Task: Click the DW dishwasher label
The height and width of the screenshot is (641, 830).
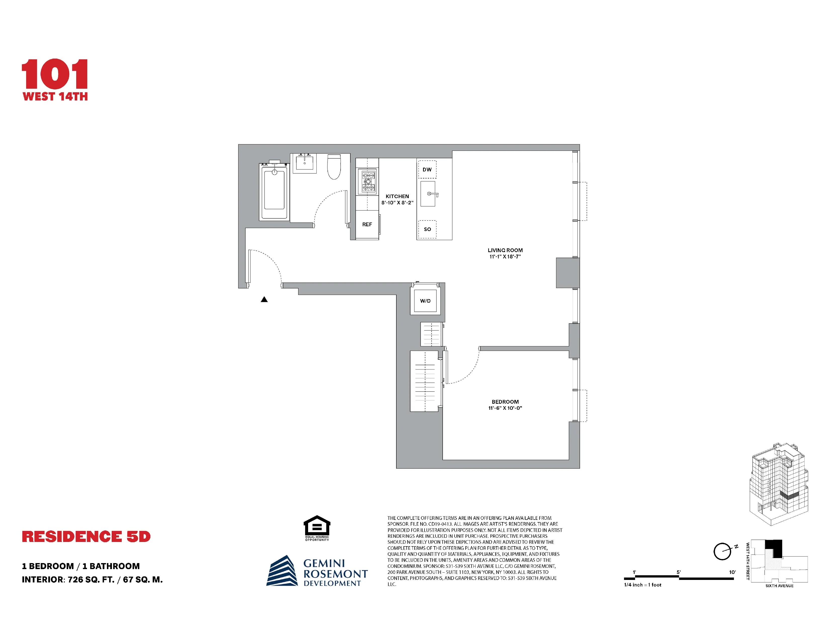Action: click(427, 169)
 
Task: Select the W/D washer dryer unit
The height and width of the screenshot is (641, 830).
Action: click(425, 301)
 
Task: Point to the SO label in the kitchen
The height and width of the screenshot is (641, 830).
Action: click(427, 229)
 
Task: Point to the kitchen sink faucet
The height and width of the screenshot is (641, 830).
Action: click(432, 194)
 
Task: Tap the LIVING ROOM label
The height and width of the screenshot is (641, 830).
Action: click(505, 250)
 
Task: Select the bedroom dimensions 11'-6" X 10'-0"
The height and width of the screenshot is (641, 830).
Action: click(505, 408)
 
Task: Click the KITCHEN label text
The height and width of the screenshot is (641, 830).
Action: click(397, 196)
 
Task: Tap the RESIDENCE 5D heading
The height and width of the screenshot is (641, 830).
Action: click(86, 537)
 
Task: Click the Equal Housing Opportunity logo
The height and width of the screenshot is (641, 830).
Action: click(317, 527)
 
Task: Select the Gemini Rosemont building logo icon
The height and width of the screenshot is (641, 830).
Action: click(282, 571)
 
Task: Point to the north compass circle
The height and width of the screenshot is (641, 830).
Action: click(722, 551)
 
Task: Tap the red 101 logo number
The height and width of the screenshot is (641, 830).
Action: click(55, 74)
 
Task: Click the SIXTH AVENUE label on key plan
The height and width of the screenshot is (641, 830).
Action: click(779, 586)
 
